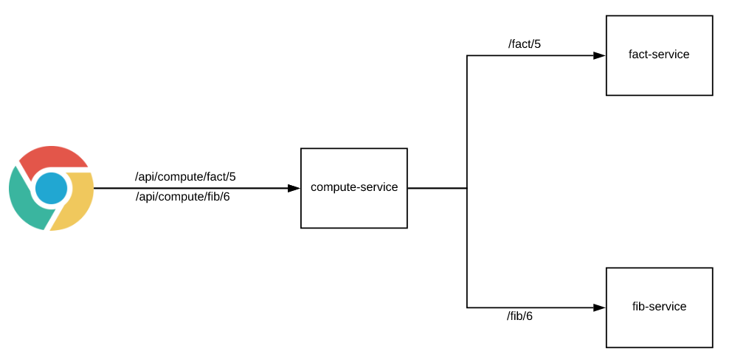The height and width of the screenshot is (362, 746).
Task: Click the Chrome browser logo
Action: [x=52, y=188]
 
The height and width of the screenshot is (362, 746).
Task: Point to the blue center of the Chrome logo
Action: [x=51, y=188]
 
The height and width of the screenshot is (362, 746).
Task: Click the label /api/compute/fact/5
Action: [x=185, y=177]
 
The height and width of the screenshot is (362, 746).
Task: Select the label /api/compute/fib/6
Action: [x=183, y=197]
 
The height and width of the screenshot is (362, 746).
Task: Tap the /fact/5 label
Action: [x=525, y=44]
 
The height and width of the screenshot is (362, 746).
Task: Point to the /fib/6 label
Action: [x=519, y=316]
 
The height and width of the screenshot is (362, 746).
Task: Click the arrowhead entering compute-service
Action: [x=294, y=188]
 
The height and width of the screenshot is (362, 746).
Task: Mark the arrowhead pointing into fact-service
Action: [x=599, y=55]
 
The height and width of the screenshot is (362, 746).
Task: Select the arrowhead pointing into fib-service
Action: [x=599, y=307]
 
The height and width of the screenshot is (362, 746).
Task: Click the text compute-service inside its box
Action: [x=354, y=187]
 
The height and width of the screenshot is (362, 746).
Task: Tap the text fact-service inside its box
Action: [x=659, y=55]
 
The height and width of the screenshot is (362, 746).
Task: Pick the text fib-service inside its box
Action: [x=659, y=307]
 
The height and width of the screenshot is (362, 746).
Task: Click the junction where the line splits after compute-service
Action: [x=467, y=188]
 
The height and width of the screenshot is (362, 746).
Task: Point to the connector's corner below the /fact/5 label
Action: [x=467, y=55]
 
